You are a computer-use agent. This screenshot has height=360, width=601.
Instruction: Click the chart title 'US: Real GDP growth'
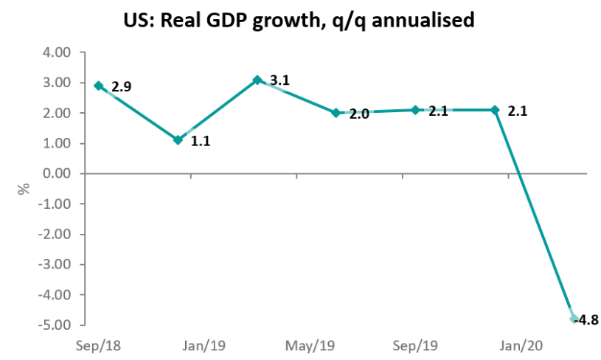click(299, 21)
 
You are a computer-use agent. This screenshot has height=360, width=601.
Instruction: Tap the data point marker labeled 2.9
click(99, 86)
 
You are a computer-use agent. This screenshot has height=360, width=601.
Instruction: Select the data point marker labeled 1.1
click(178, 139)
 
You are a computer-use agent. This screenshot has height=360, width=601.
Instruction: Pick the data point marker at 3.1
click(257, 80)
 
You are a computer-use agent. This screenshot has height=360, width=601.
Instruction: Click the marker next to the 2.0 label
click(336, 113)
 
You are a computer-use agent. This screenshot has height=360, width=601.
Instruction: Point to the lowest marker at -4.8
click(574, 319)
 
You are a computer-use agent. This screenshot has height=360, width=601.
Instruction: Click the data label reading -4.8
click(588, 319)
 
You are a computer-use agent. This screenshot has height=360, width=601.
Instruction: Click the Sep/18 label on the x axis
click(99, 345)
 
